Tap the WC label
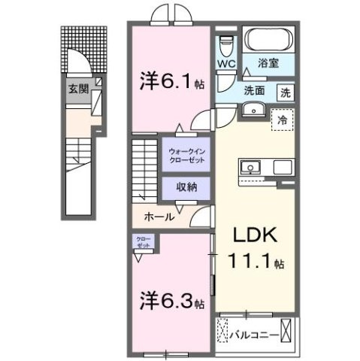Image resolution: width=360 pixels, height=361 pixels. [x=225, y=64]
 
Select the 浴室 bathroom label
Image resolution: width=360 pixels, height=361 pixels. [x=269, y=64]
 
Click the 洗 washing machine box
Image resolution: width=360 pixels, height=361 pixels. [x=286, y=93]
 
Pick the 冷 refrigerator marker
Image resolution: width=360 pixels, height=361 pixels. [x=283, y=119]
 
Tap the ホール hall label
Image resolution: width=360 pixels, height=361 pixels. [x=159, y=217]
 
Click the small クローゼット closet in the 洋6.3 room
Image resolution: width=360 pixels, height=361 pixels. [x=143, y=244]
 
